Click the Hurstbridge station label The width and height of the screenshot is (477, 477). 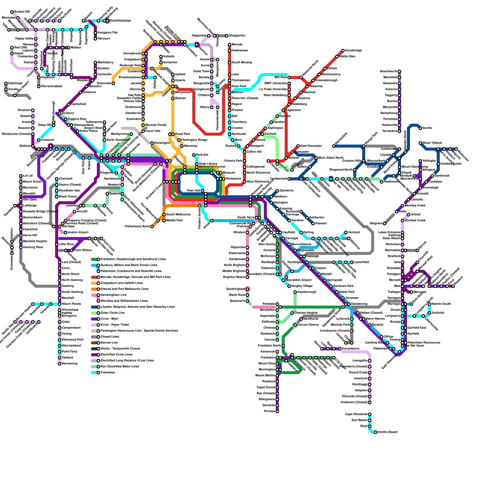tap(354, 51)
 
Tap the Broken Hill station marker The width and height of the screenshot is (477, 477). tap(12, 12)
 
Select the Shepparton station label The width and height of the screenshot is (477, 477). tap(237, 36)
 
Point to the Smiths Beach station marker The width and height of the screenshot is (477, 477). tap(376, 432)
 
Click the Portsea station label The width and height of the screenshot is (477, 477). tap(270, 411)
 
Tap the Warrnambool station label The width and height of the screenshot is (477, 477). tap(72, 346)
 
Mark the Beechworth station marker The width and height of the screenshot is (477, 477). tap(399, 72)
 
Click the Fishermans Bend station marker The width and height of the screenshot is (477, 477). tap(152, 227)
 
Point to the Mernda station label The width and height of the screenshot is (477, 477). tap(237, 45)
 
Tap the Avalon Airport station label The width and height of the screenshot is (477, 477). tap(78, 233)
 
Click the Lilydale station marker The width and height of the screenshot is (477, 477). tap(394, 155)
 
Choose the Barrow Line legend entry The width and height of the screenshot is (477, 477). tap(109, 343)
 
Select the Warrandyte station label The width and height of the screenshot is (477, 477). tap(341, 140)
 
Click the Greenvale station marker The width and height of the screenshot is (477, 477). tap(113, 83)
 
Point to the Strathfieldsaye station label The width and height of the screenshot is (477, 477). tap(120, 21)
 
